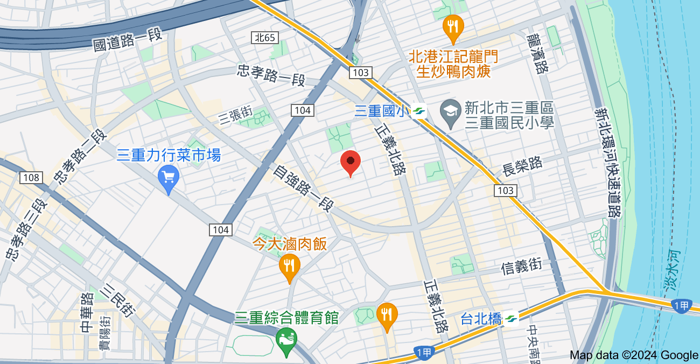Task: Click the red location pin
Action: tap(351, 162)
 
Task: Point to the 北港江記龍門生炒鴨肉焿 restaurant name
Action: tap(453, 64)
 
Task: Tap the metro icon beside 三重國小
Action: tap(419, 111)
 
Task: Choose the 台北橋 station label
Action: tap(481, 319)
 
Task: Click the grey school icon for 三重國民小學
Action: tap(449, 111)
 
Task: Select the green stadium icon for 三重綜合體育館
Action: tap(286, 339)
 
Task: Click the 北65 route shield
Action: tap(264, 38)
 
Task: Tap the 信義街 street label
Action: tap(521, 267)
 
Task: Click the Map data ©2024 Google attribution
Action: tap(634, 355)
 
